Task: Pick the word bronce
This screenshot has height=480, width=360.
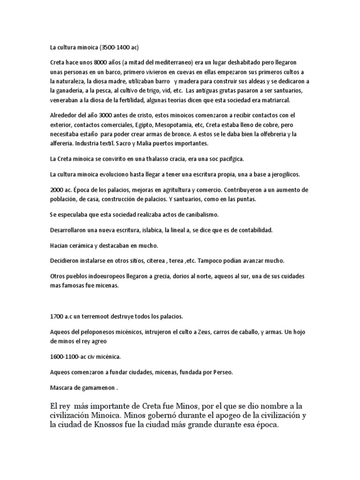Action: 172,134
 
